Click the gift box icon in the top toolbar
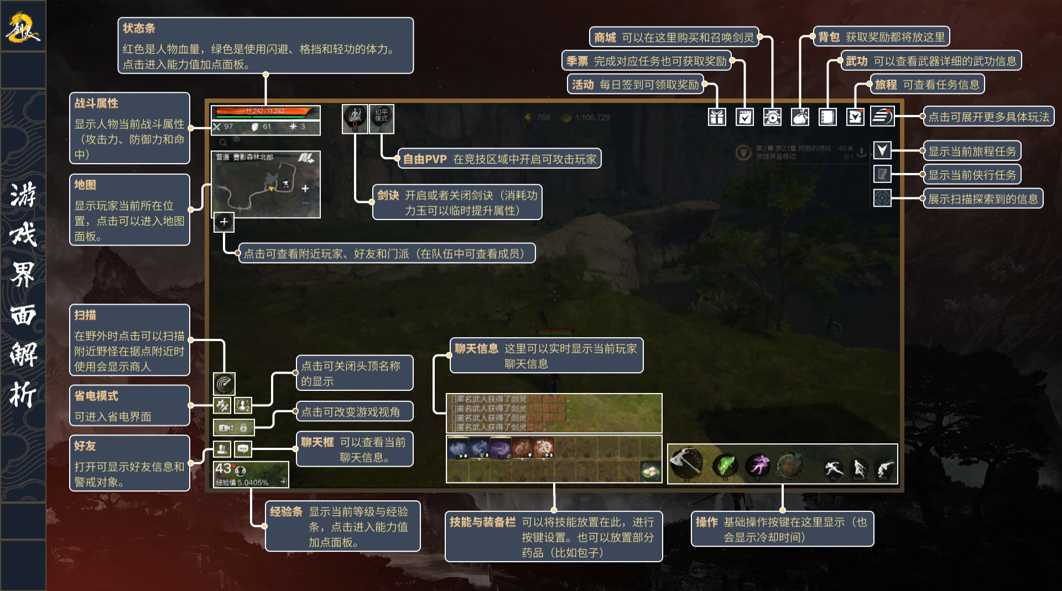(x=717, y=117)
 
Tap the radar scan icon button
(x=224, y=383)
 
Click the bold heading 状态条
(x=139, y=28)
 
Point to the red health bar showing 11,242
(x=265, y=112)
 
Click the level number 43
(x=223, y=469)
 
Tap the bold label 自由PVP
(x=424, y=159)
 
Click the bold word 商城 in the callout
(x=605, y=38)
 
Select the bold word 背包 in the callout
(x=829, y=37)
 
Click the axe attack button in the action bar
(x=686, y=463)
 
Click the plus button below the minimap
(x=224, y=222)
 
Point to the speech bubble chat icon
(x=243, y=449)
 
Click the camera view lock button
(x=233, y=427)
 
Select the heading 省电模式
(x=96, y=396)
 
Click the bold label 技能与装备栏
(x=482, y=522)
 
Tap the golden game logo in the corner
(x=23, y=28)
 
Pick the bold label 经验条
(x=286, y=512)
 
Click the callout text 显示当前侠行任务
(x=972, y=175)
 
